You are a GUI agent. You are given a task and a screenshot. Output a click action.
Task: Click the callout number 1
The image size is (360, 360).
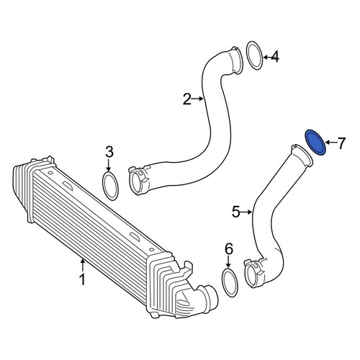click(82, 279)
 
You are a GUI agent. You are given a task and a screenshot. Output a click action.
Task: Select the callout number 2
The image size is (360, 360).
click(187, 99)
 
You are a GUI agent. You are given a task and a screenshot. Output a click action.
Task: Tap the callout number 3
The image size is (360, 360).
click(109, 153)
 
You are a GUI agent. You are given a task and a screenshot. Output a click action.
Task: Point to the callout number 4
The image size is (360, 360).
click(275, 57)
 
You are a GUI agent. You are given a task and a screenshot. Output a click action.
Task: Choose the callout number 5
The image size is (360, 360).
click(236, 212)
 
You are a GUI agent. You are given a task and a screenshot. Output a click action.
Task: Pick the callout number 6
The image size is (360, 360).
click(228, 248)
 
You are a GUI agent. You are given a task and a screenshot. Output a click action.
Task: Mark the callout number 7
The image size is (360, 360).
click(341, 143)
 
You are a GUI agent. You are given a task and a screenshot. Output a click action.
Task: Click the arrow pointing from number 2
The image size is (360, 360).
click(198, 99)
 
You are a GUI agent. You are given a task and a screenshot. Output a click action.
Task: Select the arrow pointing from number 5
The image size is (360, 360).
click(246, 212)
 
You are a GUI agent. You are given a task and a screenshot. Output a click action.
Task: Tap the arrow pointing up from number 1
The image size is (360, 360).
click(82, 266)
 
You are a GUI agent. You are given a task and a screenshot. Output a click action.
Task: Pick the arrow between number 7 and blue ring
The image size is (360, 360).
click(330, 143)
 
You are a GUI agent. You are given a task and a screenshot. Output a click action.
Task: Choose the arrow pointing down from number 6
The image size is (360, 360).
click(228, 261)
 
